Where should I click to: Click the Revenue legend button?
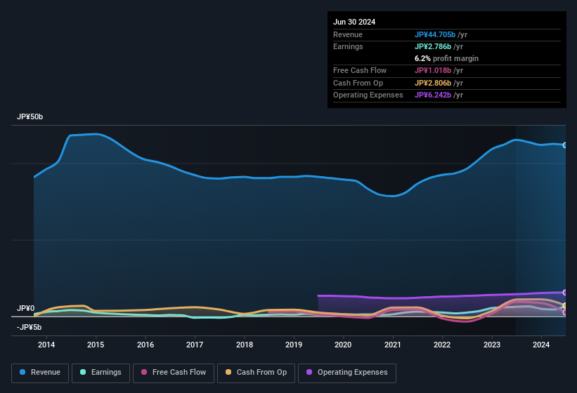(x=40, y=373)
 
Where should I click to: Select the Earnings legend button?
(x=100, y=373)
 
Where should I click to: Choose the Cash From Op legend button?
(x=256, y=373)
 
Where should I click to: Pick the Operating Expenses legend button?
(x=347, y=373)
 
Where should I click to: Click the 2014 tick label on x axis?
(x=46, y=345)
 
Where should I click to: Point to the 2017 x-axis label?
(x=195, y=345)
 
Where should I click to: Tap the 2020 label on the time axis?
(x=343, y=345)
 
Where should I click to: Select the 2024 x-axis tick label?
(x=541, y=345)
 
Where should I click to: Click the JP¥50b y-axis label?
(x=30, y=117)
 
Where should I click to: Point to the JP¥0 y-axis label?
(x=25, y=309)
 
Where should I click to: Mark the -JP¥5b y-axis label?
(x=29, y=327)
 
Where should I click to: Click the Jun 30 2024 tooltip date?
(x=354, y=22)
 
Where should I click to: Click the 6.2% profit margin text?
(x=446, y=58)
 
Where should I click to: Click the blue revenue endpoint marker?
(x=565, y=145)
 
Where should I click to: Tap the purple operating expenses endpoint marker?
(x=565, y=292)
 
